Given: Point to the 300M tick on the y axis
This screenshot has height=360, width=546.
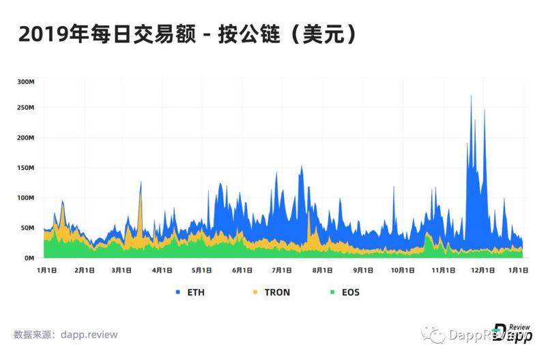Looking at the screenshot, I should [25, 81].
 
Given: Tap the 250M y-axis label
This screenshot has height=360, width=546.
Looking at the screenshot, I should [25, 108].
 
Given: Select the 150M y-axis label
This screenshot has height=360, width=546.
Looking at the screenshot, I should [25, 168].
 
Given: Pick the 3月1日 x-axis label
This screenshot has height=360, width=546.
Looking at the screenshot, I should [123, 271].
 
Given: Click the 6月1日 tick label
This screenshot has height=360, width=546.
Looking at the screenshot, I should [242, 271].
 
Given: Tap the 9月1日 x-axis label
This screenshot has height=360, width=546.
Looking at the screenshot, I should [362, 271].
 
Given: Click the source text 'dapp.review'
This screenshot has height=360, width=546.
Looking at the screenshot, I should [91, 335].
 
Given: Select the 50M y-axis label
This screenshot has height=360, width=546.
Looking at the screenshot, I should [26, 228].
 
